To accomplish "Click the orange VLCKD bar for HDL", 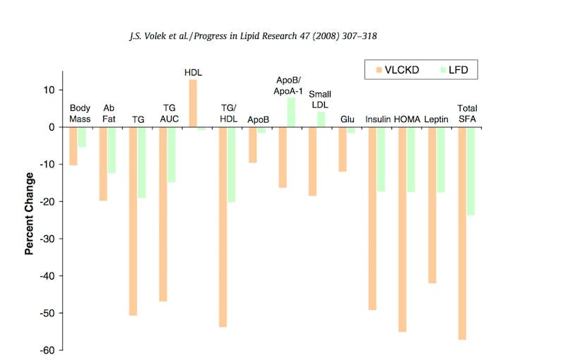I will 193,104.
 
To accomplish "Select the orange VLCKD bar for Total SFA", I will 462,233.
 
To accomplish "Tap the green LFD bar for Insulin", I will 381,160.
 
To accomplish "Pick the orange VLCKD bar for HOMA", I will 402,229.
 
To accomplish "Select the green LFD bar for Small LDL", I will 321,120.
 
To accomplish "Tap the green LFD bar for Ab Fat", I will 112,150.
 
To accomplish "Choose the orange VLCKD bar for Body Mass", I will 73,146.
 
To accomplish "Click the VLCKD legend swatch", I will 379,70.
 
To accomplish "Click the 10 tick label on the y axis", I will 48,90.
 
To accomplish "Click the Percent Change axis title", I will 30,212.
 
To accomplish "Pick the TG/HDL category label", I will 228,113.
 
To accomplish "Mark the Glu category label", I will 347,119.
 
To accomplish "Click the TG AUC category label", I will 169,113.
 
